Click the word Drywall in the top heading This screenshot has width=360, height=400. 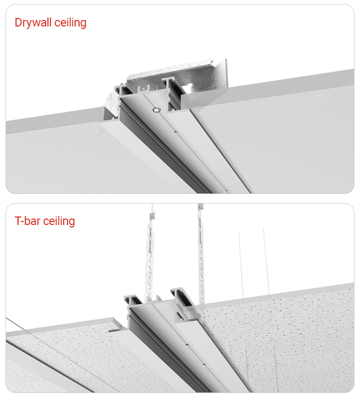pyautogui.click(x=33, y=22)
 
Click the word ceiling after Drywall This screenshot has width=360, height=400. pyautogui.click(x=70, y=22)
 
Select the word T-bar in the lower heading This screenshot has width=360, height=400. pyautogui.click(x=27, y=221)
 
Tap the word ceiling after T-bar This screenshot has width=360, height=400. pyautogui.click(x=59, y=221)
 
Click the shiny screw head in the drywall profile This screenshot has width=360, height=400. pyautogui.click(x=156, y=109)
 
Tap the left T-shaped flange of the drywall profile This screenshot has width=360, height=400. pyautogui.click(x=121, y=90)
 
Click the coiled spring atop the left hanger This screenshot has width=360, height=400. pyautogui.click(x=152, y=215)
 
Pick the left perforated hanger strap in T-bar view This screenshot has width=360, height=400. pyautogui.click(x=149, y=263)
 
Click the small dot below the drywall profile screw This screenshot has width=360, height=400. pyautogui.click(x=175, y=132)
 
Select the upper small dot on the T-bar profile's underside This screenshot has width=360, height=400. pyautogui.click(x=187, y=344)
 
